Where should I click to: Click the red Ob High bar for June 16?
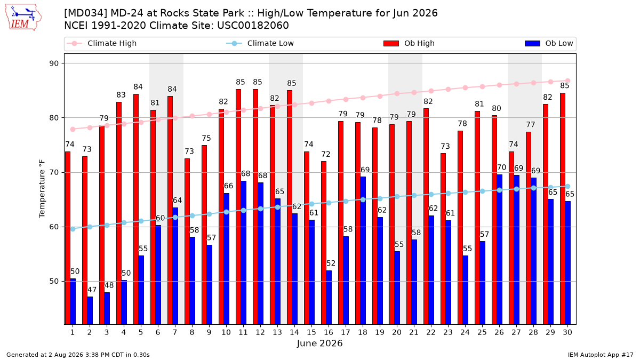coord(324,243)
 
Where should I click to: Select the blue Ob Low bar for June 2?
coord(90,310)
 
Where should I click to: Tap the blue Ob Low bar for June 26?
coord(499,250)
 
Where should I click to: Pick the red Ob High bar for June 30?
coord(563,209)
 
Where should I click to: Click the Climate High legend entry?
coord(102,43)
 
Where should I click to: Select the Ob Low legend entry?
coord(549,43)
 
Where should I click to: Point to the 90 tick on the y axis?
coord(54,63)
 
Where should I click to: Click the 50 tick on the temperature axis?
coord(54,282)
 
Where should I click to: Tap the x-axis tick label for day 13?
coord(277,333)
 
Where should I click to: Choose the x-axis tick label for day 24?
coord(465,333)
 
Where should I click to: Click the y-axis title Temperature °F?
coord(42,189)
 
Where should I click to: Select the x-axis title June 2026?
coord(319,343)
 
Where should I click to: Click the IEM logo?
coord(23,18)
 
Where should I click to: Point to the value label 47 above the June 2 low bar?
coord(92,290)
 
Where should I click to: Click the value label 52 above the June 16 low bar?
coord(331,263)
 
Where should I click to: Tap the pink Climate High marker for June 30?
coord(567,81)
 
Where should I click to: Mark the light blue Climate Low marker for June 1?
coord(73,229)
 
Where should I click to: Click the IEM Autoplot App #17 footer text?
coord(601,355)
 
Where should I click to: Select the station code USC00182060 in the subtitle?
coord(253,26)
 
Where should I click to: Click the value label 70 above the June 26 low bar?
coord(501,167)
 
